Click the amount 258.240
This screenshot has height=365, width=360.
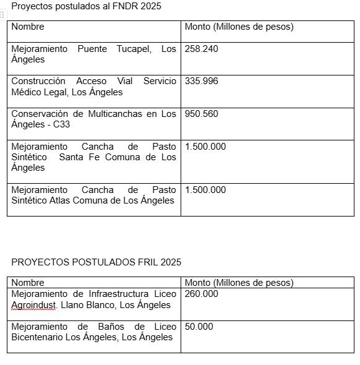tap(201, 49)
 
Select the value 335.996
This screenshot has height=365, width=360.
tap(201, 81)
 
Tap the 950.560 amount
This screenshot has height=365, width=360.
tap(201, 114)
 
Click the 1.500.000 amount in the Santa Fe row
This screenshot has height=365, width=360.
tap(205, 147)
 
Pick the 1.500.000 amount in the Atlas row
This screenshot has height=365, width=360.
tap(205, 190)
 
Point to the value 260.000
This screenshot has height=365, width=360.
tap(201, 294)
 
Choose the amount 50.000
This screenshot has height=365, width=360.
tap(199, 326)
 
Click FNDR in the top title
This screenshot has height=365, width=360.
tap(124, 6)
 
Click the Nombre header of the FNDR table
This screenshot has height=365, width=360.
tap(28, 27)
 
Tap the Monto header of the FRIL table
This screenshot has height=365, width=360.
tap(198, 283)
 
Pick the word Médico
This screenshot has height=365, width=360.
tap(25, 92)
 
